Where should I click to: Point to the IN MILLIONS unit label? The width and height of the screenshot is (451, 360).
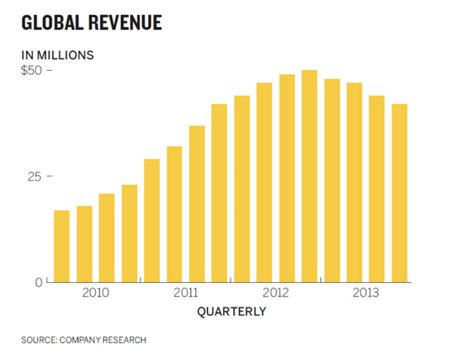(58, 55)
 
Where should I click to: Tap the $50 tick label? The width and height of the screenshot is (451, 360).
(32, 70)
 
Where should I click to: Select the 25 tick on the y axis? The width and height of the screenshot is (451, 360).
(33, 176)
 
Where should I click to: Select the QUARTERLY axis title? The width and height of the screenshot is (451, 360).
(231, 311)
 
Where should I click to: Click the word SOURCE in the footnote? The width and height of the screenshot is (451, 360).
(39, 340)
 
